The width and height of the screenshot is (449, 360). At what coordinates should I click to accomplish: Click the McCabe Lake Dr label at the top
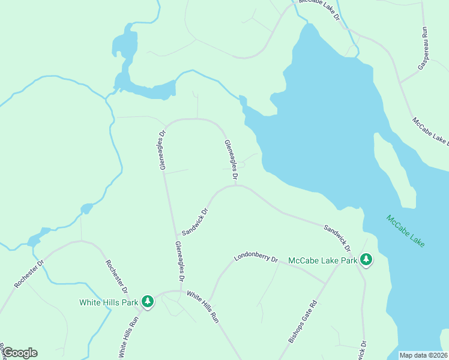pos(319,11)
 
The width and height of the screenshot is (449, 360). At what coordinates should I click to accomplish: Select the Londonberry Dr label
pos(256,259)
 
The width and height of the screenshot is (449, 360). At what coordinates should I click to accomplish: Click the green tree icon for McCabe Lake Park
pos(366,260)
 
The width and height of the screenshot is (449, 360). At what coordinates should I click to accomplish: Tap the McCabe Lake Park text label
pos(323,260)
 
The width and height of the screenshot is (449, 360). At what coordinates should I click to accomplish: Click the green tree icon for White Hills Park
pos(148,302)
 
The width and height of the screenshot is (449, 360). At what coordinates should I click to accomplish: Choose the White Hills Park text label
pos(109,302)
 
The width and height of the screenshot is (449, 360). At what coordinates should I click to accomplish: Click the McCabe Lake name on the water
pos(405,230)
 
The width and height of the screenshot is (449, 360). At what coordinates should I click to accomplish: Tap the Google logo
pos(19,353)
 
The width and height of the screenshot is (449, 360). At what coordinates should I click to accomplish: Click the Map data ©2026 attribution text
pos(423,355)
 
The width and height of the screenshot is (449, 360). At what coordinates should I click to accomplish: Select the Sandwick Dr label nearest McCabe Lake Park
pos(337,238)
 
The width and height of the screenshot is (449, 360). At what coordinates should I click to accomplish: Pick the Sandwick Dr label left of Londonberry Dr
pos(194,221)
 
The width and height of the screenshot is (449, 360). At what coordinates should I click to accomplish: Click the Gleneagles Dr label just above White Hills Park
pos(178,262)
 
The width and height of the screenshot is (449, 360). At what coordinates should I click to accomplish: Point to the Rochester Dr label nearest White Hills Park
pos(116,276)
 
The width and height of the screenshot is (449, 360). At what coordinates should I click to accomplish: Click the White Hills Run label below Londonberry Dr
pos(202,307)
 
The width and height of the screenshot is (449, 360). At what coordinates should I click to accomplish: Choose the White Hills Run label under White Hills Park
pos(128,337)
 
